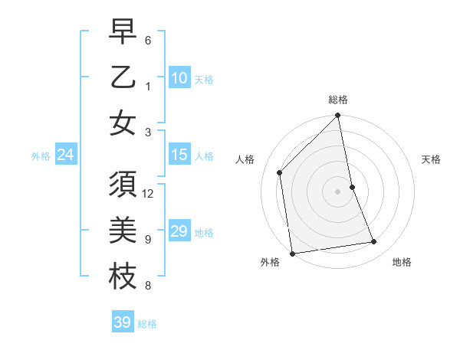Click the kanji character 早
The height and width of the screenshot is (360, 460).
coord(122,34)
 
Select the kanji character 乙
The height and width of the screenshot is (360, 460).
coord(122,77)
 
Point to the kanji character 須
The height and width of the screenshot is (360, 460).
coord(122,186)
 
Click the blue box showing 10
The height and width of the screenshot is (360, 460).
coord(179,77)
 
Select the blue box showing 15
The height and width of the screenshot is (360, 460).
coord(179,155)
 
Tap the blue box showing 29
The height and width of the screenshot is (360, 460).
coord(179,231)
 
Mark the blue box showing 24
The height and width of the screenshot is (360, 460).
coord(65,155)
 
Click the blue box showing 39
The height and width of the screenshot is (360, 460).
coord(122,322)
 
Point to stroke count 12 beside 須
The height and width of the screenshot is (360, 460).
coord(149,193)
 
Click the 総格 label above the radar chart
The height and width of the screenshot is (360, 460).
coord(338,100)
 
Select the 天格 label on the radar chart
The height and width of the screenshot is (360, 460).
coord(431,159)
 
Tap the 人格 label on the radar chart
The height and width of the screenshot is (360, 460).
coord(245,159)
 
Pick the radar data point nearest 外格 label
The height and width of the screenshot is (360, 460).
coord(292,254)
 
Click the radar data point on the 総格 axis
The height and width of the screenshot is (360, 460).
coord(338,116)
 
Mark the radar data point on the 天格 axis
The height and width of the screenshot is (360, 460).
coord(352,187)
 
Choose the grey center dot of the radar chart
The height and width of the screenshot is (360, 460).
coord(338,191)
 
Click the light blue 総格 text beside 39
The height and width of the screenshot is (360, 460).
coord(147,324)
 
